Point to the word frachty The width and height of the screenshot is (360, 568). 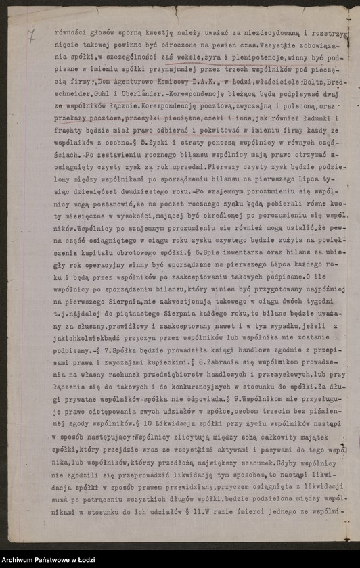[x=68, y=149]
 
